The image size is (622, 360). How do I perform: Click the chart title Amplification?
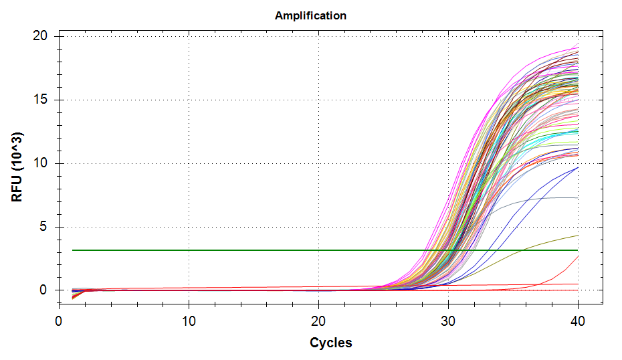310,15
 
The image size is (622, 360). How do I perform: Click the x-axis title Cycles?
330,343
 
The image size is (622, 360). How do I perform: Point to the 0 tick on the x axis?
59,321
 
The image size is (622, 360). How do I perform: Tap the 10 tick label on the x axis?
189,321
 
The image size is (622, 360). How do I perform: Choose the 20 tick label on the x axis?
318,321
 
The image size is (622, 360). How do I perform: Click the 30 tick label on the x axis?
448,321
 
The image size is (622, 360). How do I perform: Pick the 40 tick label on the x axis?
578,321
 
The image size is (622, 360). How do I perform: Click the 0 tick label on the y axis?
43,290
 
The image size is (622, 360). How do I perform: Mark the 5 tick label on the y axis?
43,227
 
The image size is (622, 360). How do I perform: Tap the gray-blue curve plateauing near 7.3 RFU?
548,198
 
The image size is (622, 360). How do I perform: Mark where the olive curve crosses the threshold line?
522,250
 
